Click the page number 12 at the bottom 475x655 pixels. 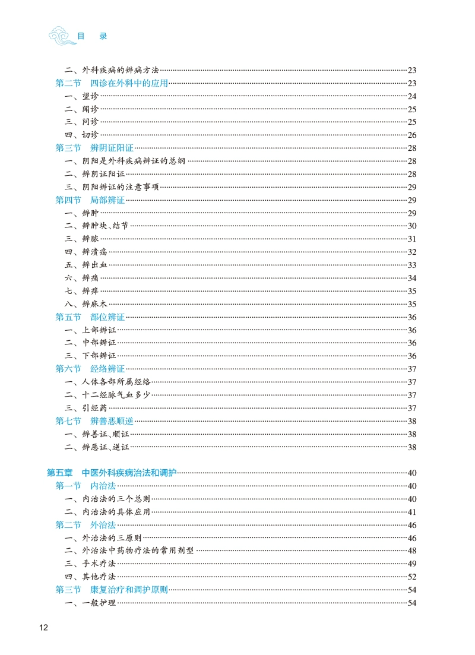click(43, 628)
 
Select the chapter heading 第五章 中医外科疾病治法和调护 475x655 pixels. click(112, 473)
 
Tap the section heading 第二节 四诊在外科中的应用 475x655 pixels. click(112, 83)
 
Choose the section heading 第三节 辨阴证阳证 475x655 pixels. click(94, 148)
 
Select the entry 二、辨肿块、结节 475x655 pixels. click(97, 226)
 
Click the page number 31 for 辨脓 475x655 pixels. click(412, 239)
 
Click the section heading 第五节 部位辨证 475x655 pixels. click(90, 317)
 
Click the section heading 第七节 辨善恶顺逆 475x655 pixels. click(94, 421)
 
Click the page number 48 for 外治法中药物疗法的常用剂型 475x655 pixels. click(412, 550)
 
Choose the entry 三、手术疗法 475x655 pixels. click(90, 564)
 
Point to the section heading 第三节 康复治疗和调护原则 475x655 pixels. click(112, 590)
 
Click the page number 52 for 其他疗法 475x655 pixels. click(412, 577)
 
